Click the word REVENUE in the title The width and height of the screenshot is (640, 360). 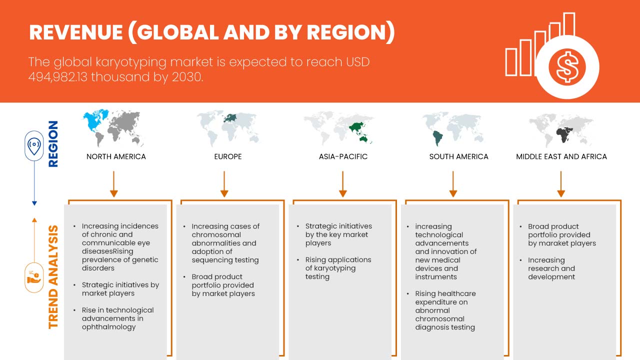76,32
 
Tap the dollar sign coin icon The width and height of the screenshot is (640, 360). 567,67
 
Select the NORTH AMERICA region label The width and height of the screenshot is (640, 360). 116,156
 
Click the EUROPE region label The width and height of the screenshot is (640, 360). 228,156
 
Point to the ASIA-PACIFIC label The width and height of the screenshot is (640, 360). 343,156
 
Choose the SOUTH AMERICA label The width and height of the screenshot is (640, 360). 459,156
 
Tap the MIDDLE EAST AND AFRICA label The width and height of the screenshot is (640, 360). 561,156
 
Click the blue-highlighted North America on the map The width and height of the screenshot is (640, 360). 95,121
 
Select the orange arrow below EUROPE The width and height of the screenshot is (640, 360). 224,184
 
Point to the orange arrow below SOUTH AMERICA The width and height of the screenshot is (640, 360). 453,184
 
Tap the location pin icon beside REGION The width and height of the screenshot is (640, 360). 34,145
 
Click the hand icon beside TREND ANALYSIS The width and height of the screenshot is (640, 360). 34,277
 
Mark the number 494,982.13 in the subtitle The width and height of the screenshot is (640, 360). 57,77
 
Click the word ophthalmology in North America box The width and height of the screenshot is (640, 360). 109,327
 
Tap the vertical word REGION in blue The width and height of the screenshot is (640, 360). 53,143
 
